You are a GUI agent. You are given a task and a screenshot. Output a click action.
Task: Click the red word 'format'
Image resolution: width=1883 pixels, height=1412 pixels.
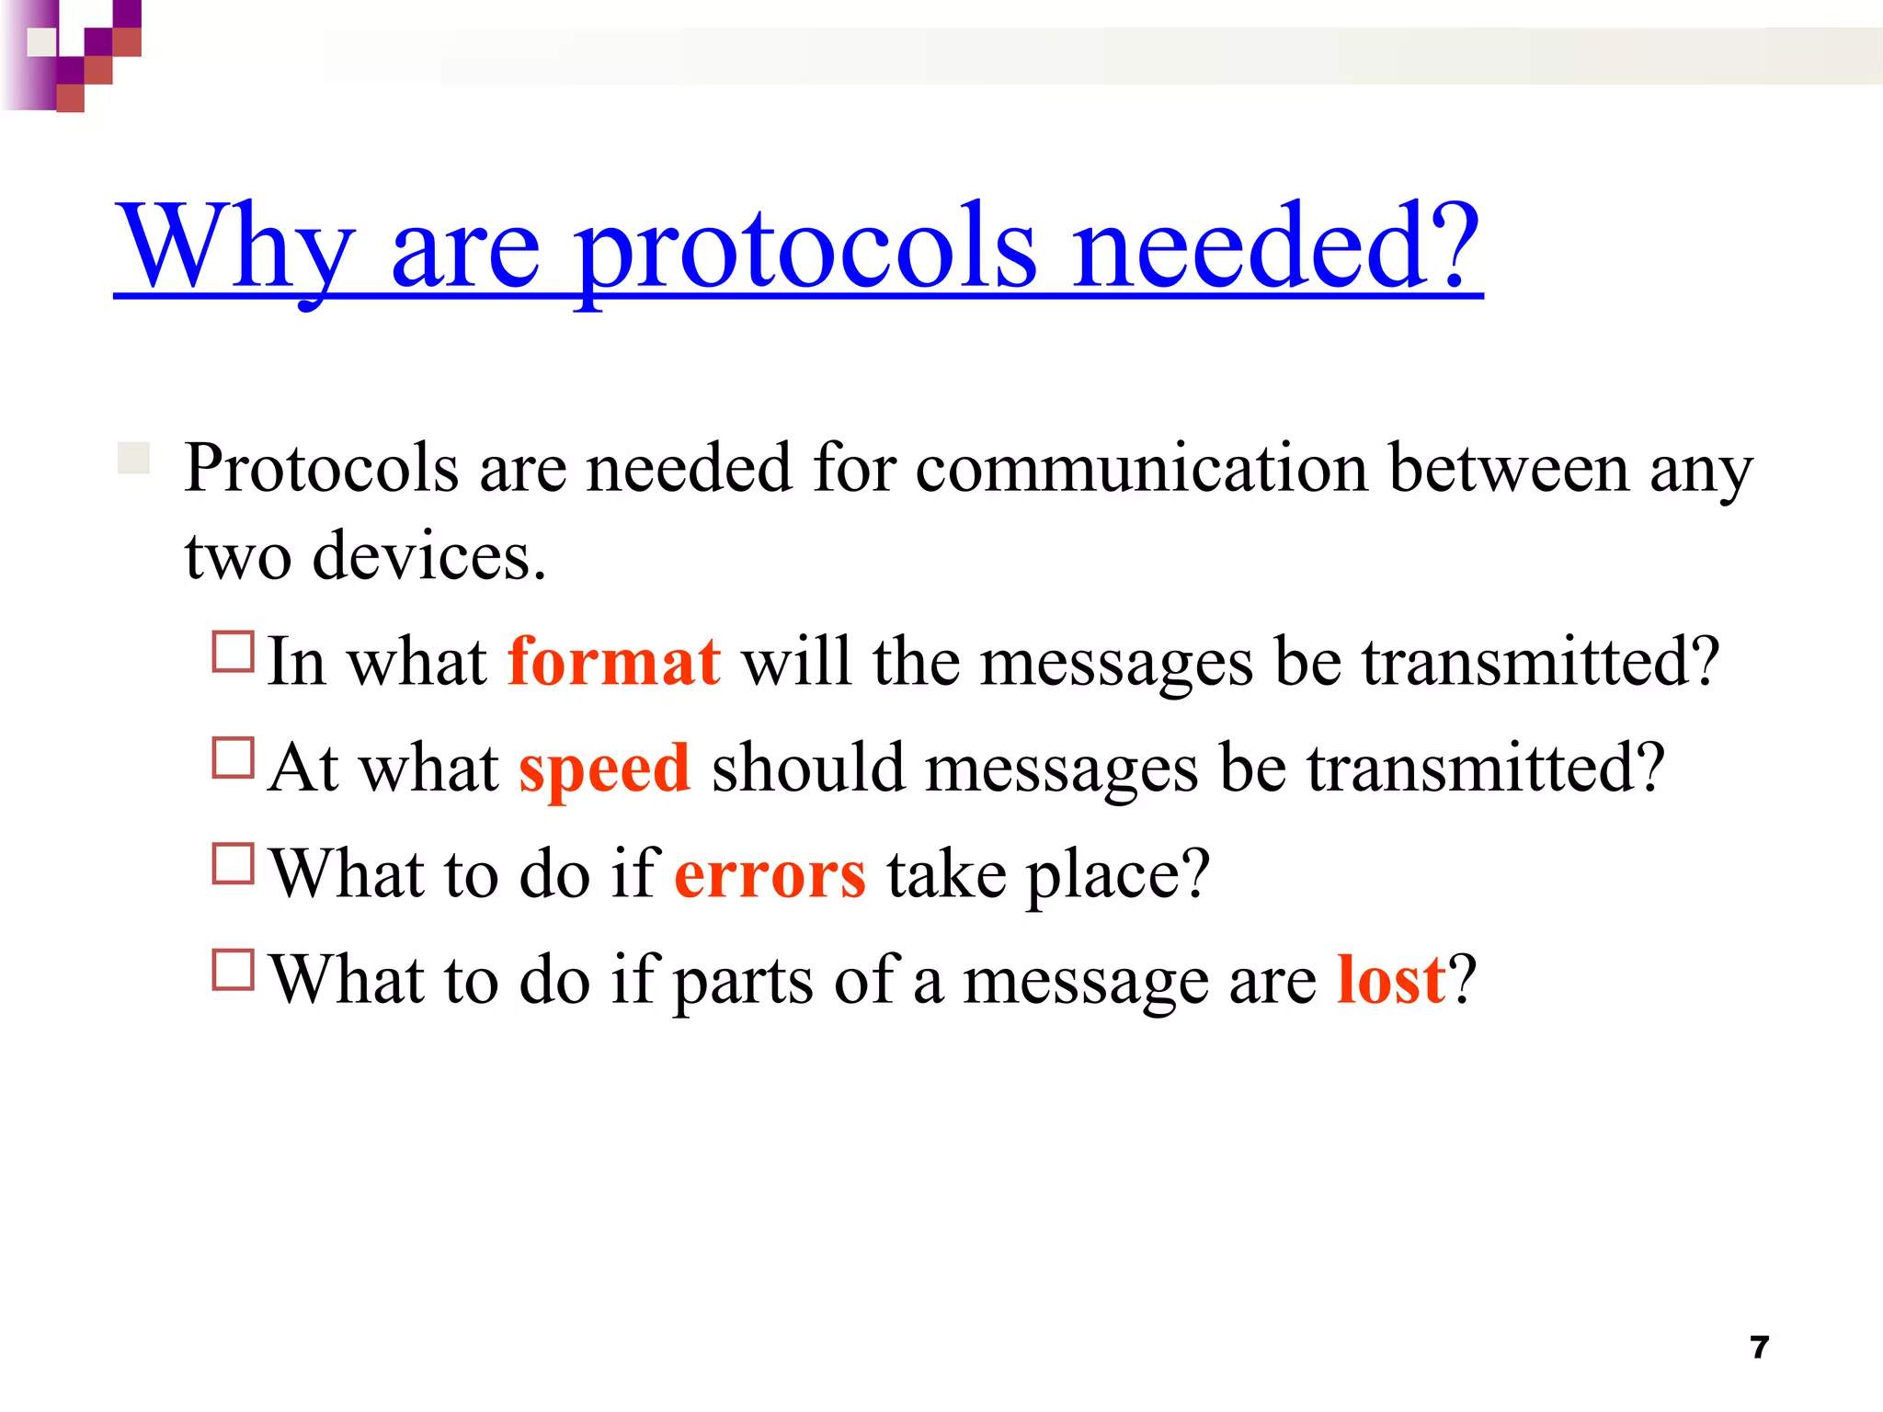[x=613, y=661]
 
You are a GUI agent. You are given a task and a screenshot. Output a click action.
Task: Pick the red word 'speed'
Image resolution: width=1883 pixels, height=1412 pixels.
[x=604, y=768]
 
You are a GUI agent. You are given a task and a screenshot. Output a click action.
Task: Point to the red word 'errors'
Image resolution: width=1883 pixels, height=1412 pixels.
[x=770, y=873]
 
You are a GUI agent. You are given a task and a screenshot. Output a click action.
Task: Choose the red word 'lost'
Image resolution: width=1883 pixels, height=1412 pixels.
[x=1391, y=979]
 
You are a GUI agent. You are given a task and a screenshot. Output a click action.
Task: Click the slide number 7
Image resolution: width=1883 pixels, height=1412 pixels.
[x=1760, y=1348]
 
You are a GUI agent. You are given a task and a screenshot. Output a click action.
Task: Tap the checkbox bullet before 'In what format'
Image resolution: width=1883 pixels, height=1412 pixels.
[x=233, y=652]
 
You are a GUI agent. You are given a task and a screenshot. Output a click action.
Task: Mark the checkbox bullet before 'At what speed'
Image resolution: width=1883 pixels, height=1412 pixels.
[x=233, y=758]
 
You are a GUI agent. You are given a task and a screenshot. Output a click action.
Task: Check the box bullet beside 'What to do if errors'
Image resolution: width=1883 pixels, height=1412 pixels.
[x=233, y=864]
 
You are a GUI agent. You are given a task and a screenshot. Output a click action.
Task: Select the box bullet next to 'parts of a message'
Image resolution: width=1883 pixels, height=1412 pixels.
[x=233, y=970]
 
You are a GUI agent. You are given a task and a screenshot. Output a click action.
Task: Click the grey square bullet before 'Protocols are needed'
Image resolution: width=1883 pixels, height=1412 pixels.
[x=134, y=458]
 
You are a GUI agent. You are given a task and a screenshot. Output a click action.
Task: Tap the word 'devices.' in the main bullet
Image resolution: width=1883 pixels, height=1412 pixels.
[x=429, y=556]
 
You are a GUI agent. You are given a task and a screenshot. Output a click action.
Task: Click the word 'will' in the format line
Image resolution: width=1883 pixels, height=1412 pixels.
[x=795, y=661]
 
